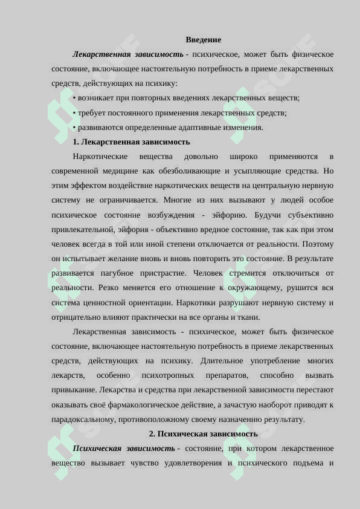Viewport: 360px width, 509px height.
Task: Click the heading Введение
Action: coord(203,40)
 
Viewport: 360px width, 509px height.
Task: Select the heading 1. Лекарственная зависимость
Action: coord(131,142)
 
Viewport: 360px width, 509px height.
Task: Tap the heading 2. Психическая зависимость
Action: coord(203,434)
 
